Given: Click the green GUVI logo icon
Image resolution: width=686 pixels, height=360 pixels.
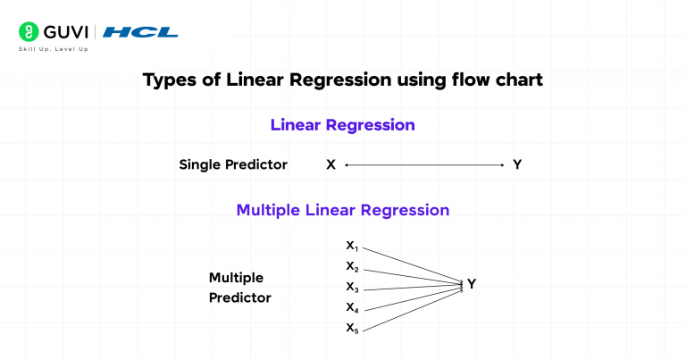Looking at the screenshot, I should [28, 32].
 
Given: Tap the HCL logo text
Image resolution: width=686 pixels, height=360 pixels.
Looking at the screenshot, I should [140, 32].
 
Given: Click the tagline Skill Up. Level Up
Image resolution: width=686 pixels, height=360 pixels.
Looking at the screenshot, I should [53, 49].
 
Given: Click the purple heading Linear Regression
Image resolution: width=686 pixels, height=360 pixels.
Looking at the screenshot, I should [342, 125].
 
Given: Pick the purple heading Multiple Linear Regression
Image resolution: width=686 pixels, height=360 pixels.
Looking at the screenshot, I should [342, 211].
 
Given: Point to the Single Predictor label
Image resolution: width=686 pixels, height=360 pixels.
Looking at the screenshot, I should [233, 165].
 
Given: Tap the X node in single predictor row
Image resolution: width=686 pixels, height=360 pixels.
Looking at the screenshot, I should [330, 165].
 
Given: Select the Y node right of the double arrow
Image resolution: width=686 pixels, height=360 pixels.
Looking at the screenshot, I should [517, 165].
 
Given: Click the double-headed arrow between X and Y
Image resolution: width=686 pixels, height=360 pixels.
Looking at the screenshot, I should [424, 165].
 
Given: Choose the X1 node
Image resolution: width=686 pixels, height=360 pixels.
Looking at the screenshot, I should [352, 246].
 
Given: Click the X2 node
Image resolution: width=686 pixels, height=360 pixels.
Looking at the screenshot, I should [352, 266].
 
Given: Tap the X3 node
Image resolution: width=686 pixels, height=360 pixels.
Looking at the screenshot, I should [352, 287].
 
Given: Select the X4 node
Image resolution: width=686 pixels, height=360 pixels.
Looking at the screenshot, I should [352, 307].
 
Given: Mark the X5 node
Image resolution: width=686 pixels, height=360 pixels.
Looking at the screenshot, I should [352, 328].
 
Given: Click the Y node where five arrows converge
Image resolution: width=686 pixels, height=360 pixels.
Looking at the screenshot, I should [472, 284].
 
